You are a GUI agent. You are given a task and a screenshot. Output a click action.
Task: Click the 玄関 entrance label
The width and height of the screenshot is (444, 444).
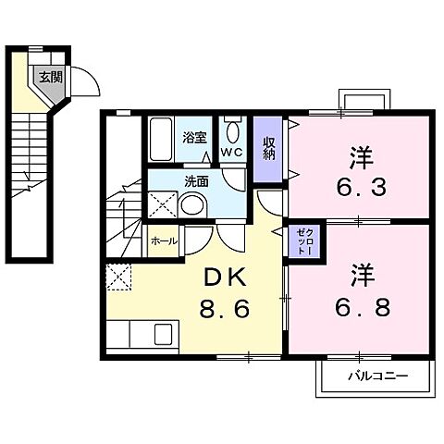pyautogui.click(x=49, y=78)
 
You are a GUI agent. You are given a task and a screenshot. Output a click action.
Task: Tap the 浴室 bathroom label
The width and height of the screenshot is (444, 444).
pyautogui.click(x=193, y=138)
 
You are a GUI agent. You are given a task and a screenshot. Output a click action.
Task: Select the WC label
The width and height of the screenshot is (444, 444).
pyautogui.click(x=230, y=153)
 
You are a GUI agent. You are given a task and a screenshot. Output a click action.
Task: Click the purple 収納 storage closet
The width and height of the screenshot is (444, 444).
pyautogui.click(x=268, y=151)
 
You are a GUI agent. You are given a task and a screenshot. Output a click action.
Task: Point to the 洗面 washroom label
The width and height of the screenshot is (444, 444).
pyautogui.click(x=195, y=181)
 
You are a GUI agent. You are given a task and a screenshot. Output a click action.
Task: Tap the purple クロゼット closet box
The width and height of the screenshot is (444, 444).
pyautogui.click(x=304, y=242)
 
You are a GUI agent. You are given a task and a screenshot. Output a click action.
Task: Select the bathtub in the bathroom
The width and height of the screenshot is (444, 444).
pyautogui.click(x=164, y=139)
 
